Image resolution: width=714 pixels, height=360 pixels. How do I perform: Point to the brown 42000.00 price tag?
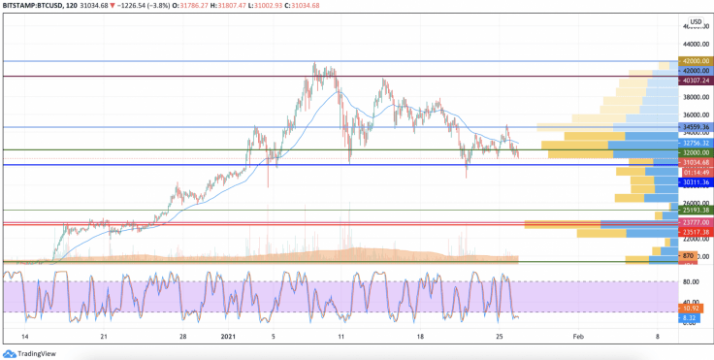(x=695, y=61)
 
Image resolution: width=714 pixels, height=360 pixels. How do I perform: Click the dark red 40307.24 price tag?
(x=695, y=80)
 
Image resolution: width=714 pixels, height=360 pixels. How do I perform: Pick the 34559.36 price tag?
(x=695, y=127)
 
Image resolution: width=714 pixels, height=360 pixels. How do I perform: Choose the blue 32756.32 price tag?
(x=695, y=143)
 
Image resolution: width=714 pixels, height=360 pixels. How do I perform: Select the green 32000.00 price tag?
(x=695, y=152)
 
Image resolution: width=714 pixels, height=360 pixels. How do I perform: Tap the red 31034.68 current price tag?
(x=695, y=162)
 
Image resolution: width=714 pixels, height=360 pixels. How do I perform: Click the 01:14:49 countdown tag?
(x=695, y=172)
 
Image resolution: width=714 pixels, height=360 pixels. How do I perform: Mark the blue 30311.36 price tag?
(x=695, y=182)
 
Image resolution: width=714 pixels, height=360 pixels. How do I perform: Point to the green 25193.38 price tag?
(x=695, y=210)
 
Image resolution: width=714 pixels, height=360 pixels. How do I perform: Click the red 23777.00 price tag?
(x=695, y=222)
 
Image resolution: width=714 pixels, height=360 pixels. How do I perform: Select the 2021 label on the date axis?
(x=228, y=336)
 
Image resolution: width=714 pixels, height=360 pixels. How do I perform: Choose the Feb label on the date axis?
(x=578, y=336)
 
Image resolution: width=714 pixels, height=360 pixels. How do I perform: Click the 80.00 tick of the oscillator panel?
(x=692, y=282)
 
